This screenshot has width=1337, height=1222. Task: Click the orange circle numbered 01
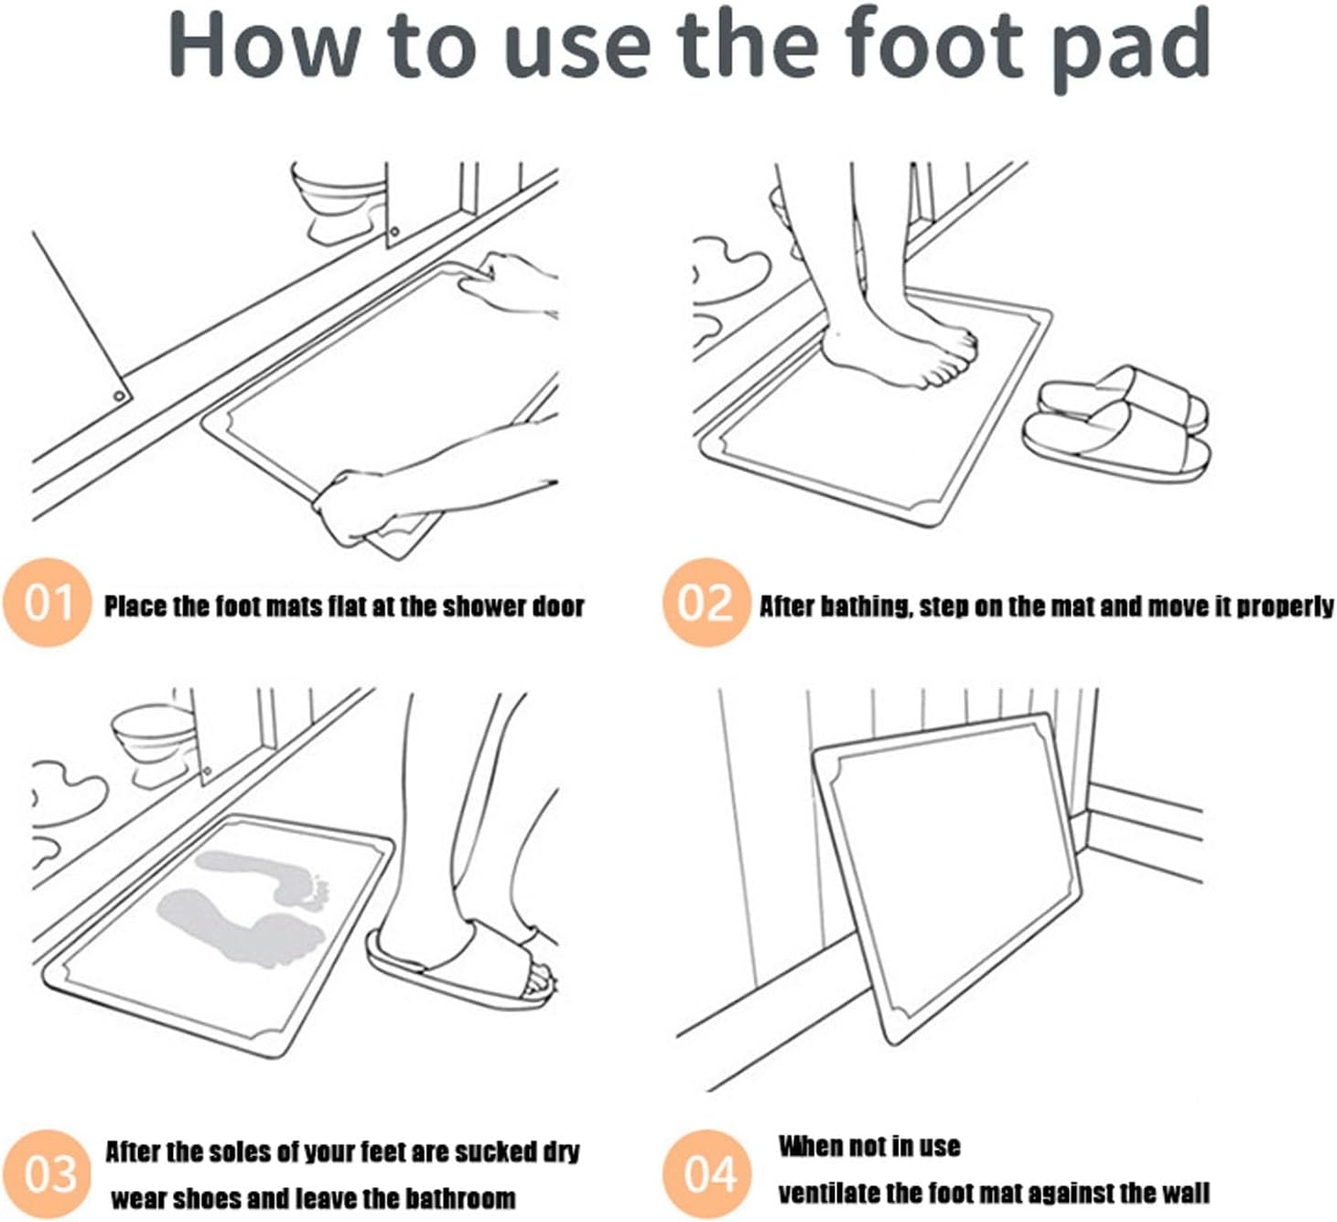pos(47,602)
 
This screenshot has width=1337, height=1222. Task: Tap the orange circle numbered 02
pos(706,602)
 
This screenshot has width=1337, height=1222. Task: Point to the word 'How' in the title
pos(264,45)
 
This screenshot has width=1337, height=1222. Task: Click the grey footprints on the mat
pos(243,908)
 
